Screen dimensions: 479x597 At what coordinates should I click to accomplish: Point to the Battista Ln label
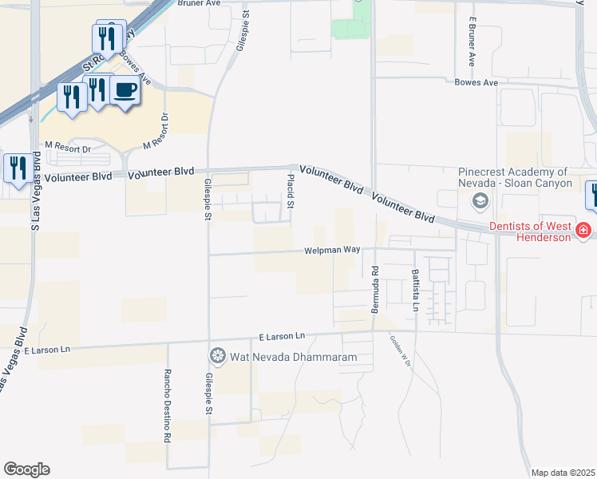coord(415,289)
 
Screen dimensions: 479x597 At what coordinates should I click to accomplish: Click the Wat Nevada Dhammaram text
coord(292,357)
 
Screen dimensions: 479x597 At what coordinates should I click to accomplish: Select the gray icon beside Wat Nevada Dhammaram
coord(216,355)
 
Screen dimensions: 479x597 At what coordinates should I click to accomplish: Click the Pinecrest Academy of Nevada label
coord(515,177)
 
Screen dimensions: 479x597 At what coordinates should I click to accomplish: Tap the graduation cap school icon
coord(480,200)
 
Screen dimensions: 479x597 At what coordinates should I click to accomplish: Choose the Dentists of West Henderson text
coord(525,232)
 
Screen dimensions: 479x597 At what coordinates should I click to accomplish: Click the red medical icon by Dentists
coord(584,231)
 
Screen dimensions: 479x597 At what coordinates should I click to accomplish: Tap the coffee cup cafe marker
coord(124,90)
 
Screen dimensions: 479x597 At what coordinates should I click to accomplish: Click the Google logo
coord(26,469)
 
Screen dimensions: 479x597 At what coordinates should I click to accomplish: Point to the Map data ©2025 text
coord(562,473)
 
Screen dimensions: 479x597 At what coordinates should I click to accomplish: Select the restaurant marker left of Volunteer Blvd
coord(18,168)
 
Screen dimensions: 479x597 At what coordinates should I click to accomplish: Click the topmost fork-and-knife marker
coord(107,37)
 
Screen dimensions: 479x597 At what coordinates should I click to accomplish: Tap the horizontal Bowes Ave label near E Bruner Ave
coord(476,82)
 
